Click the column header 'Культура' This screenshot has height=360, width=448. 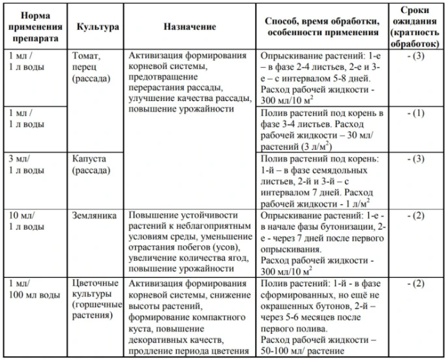coord(97,27)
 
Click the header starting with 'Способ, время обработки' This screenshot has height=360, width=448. coord(321,27)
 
